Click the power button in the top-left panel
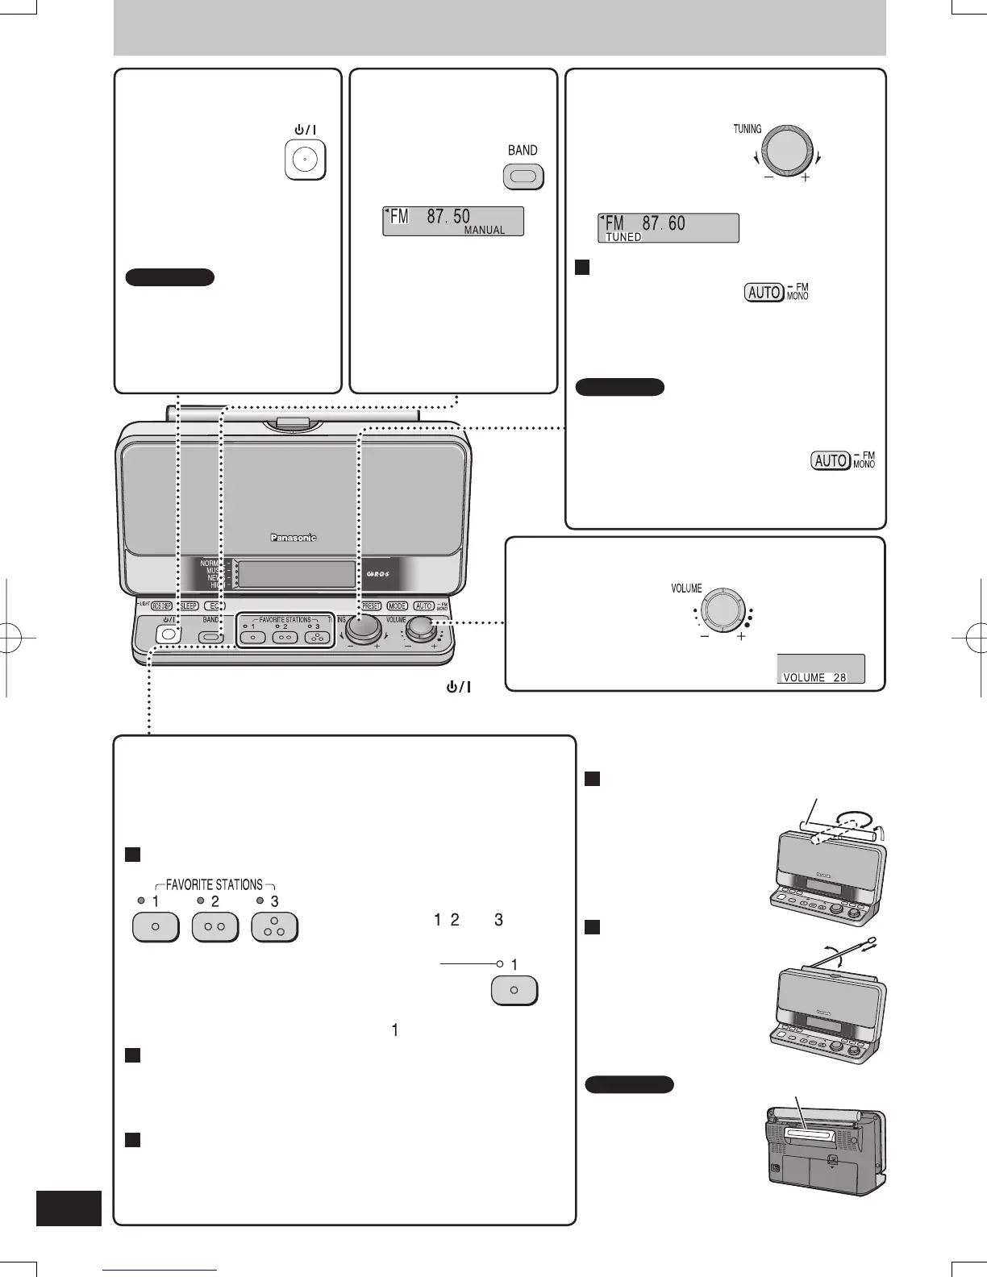pos(305,160)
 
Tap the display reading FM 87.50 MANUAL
pos(452,221)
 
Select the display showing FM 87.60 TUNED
pos(668,228)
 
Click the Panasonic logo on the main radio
pos(293,537)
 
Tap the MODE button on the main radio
pos(397,605)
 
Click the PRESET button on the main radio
pos(371,605)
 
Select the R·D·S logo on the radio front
pos(378,574)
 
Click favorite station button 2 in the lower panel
pos(214,927)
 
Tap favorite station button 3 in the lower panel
pos(274,927)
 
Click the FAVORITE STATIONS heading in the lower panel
pos(214,884)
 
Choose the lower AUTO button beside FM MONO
pos(831,460)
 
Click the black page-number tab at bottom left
pos(69,1208)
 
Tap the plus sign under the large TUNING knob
pos(805,177)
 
